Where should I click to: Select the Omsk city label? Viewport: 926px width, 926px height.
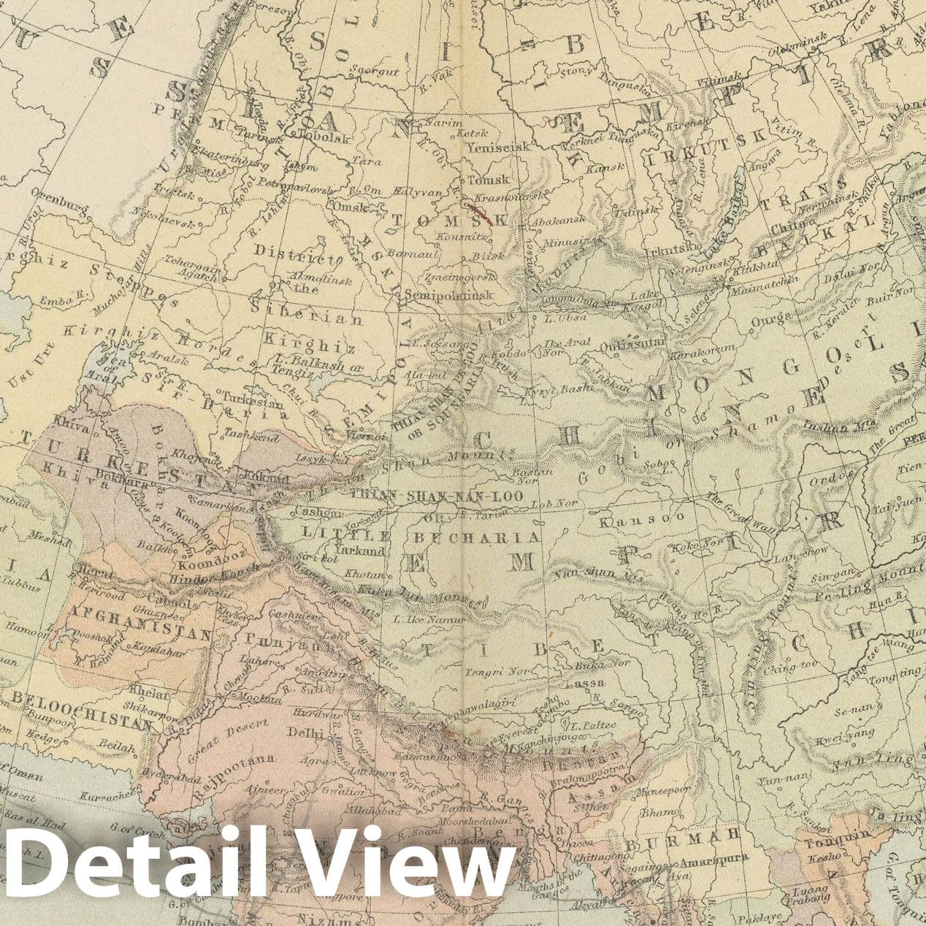tap(347, 207)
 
